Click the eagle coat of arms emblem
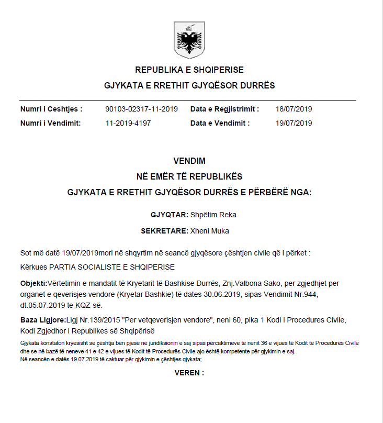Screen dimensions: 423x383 click(189, 38)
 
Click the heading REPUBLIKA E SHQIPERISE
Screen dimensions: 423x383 click(189, 70)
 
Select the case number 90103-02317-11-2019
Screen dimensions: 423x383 click(141, 109)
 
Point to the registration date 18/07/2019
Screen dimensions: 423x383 click(294, 109)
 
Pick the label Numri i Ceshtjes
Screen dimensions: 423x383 click(51, 109)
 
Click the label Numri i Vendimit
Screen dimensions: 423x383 click(51, 124)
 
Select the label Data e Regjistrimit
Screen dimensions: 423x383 click(224, 109)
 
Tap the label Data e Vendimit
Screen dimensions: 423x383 click(220, 124)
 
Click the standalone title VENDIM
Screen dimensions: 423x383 click(189, 161)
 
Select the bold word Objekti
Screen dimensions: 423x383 click(33, 283)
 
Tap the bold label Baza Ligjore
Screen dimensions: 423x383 click(43, 320)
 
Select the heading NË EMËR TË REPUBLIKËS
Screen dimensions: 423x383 click(189, 176)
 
